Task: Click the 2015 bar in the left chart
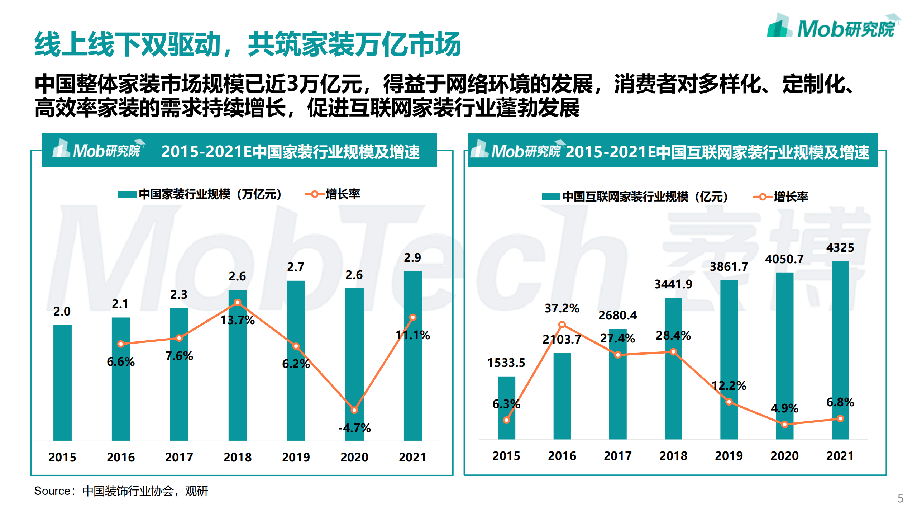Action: point(62,383)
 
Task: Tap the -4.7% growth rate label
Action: point(354,428)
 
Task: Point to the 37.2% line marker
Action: point(562,325)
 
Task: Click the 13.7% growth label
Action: point(237,320)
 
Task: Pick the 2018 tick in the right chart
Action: point(673,456)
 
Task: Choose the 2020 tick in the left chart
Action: point(354,457)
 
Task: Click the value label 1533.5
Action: point(506,363)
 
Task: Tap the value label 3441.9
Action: point(673,284)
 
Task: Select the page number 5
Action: point(900,498)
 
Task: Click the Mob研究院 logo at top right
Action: point(834,27)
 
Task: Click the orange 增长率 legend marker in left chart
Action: point(315,194)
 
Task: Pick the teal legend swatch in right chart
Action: point(550,197)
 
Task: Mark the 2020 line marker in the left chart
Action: point(354,410)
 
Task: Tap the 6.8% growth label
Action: point(840,402)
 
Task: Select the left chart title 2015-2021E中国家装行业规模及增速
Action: point(290,152)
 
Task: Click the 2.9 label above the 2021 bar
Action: point(412,257)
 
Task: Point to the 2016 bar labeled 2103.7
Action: point(562,396)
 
